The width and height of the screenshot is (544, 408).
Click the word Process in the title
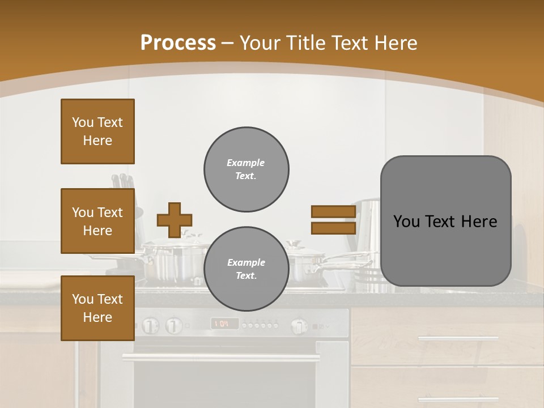click(178, 42)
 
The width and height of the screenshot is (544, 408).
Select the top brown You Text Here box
click(97, 131)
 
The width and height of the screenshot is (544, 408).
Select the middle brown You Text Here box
click(97, 221)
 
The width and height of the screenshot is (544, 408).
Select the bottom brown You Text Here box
click(97, 308)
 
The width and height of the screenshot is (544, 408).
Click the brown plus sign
click(175, 220)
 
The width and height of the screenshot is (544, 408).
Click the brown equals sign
click(333, 220)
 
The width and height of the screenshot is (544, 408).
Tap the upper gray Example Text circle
click(246, 169)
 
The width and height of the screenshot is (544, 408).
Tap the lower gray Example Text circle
click(246, 269)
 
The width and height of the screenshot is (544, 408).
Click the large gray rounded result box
click(445, 221)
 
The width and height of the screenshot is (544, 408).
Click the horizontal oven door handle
click(221, 358)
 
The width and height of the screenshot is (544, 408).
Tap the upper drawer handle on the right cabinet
click(458, 338)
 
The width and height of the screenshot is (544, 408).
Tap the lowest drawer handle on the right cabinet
click(458, 399)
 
